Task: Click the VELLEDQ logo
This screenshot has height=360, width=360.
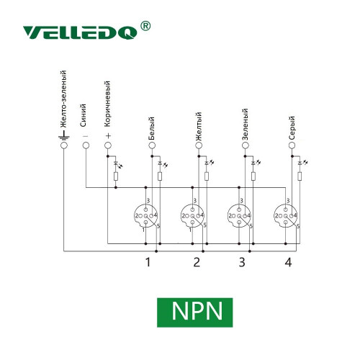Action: click(x=80, y=32)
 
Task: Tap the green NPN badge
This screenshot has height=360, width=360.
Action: click(x=195, y=312)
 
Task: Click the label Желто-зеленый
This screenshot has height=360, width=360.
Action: click(x=63, y=99)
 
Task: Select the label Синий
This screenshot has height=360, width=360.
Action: click(x=83, y=115)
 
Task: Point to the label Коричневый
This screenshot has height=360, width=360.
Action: click(x=107, y=104)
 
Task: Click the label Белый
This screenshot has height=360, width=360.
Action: click(x=151, y=128)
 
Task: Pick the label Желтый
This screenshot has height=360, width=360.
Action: click(x=198, y=126)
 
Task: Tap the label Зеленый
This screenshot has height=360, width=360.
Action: click(x=245, y=125)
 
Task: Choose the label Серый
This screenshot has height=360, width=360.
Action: click(x=292, y=128)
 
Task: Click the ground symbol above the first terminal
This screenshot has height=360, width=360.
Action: click(x=64, y=135)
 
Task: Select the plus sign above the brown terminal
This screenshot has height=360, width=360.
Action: click(x=108, y=136)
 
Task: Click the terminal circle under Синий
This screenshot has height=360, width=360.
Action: click(x=86, y=145)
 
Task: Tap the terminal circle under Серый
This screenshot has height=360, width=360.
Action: click(x=292, y=145)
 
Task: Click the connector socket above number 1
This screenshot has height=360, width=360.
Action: click(x=145, y=216)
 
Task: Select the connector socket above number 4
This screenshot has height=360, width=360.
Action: click(x=285, y=216)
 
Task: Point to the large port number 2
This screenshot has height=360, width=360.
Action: click(x=197, y=262)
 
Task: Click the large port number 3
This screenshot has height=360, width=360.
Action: click(x=242, y=262)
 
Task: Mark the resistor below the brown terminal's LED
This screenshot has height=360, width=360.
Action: click(x=116, y=176)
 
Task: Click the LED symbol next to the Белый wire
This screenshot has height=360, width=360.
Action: click(x=163, y=164)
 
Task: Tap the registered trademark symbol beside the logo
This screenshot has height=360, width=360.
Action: click(x=145, y=26)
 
